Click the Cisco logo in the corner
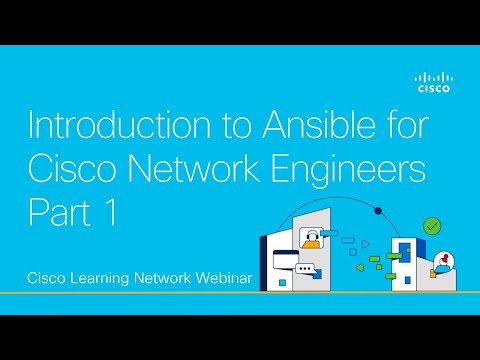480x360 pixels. coord(432,82)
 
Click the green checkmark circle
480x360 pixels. coord(432,227)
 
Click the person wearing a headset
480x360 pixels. coord(311,240)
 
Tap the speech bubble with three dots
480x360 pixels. coord(305,270)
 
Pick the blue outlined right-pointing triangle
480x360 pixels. coord(367,243)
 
